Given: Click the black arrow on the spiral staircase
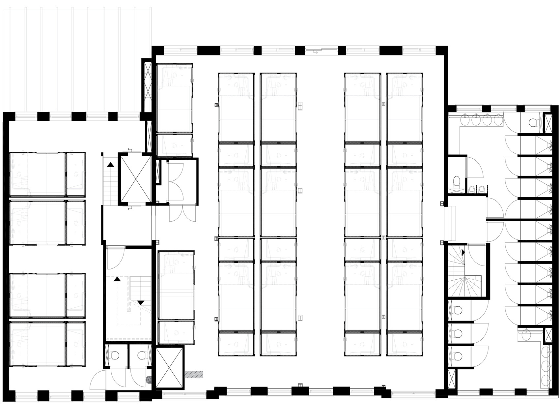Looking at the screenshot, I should tap(463, 253).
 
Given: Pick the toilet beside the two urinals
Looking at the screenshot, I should tap(457, 182).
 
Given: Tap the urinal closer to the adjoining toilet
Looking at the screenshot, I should tap(472, 189).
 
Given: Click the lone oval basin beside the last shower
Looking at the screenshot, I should tap(526, 335).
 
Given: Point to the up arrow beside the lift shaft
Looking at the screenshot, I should tap(111, 164).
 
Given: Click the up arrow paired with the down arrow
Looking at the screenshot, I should tap(116, 279).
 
